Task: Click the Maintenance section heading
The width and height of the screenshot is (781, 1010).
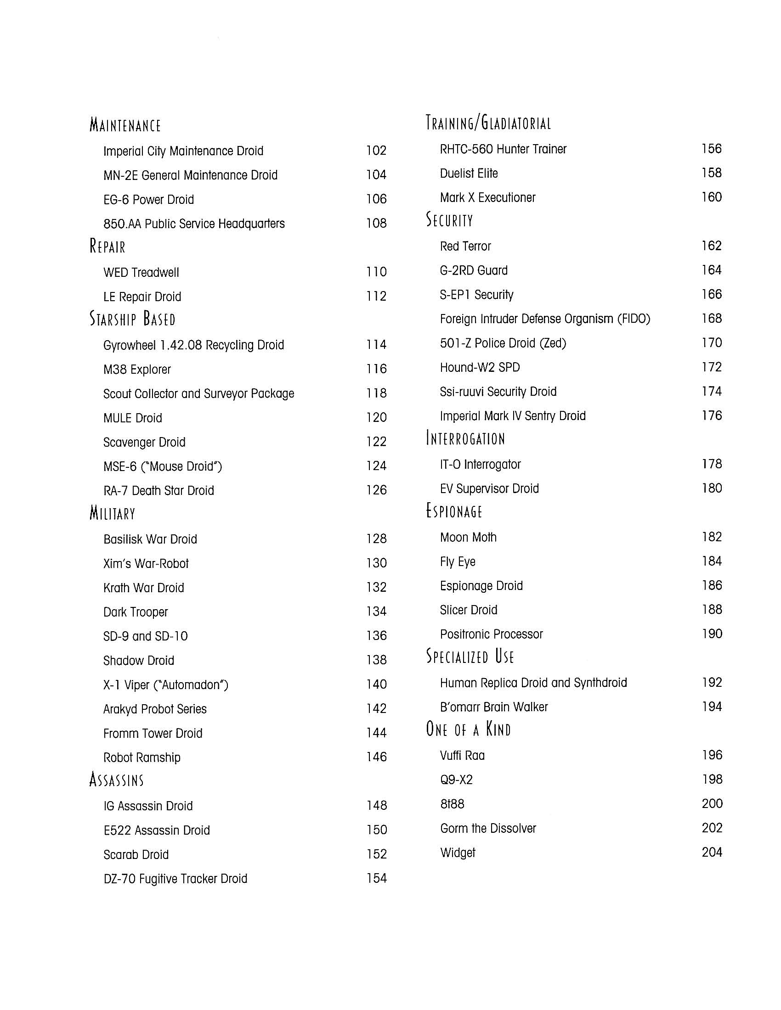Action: pyautogui.click(x=125, y=125)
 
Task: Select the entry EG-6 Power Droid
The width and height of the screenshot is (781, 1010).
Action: pyautogui.click(x=148, y=200)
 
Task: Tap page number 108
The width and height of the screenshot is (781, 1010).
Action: pyautogui.click(x=376, y=224)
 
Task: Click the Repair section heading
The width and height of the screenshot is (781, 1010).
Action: pyautogui.click(x=108, y=246)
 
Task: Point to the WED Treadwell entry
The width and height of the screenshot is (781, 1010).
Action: pyautogui.click(x=141, y=272)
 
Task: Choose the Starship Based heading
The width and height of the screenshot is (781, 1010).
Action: pyautogui.click(x=132, y=319)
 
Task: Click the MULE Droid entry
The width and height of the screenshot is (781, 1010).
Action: pyautogui.click(x=133, y=418)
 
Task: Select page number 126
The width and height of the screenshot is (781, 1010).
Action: pyautogui.click(x=376, y=490)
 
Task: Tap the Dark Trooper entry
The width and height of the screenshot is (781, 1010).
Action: pyautogui.click(x=136, y=612)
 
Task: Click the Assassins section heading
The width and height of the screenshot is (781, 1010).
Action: pyautogui.click(x=117, y=780)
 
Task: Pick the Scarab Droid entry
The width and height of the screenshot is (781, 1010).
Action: pyautogui.click(x=136, y=855)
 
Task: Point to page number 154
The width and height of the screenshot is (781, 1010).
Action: pyautogui.click(x=376, y=878)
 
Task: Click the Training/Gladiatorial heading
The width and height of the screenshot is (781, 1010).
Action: pyautogui.click(x=488, y=123)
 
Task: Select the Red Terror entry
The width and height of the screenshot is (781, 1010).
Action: pyautogui.click(x=465, y=247)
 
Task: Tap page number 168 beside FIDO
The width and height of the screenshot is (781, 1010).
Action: pyautogui.click(x=712, y=319)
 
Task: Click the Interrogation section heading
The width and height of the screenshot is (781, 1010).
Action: pyautogui.click(x=465, y=438)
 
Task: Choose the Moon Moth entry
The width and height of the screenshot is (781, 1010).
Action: pyautogui.click(x=468, y=538)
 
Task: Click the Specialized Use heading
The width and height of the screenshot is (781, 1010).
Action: pyautogui.click(x=470, y=656)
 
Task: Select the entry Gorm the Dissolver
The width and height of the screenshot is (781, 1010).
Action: pyautogui.click(x=488, y=828)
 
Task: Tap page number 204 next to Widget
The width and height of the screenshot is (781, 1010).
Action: pyautogui.click(x=712, y=853)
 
